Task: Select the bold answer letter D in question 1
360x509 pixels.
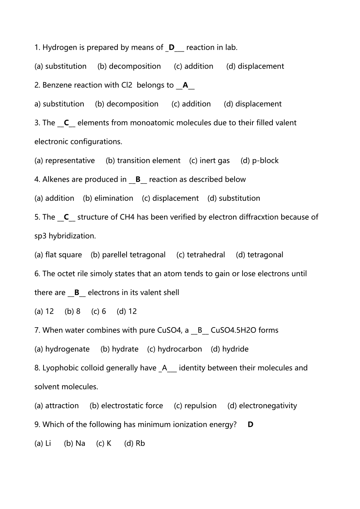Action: pyautogui.click(x=172, y=48)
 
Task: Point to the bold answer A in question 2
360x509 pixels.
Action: pyautogui.click(x=185, y=85)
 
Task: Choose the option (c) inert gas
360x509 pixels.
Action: pyautogui.click(x=210, y=161)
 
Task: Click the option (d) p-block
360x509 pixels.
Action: pyautogui.click(x=260, y=161)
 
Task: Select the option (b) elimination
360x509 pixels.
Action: pyautogui.click(x=108, y=198)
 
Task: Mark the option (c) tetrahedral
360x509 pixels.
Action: pyautogui.click(x=200, y=255)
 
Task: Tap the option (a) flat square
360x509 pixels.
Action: pyautogui.click(x=58, y=255)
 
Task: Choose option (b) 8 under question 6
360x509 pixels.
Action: pyautogui.click(x=72, y=311)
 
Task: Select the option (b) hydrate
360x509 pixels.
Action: pyautogui.click(x=119, y=349)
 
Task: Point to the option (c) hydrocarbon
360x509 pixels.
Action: pyautogui.click(x=174, y=349)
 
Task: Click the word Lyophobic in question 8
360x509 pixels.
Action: pyautogui.click(x=58, y=368)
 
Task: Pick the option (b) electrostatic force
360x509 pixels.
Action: pyautogui.click(x=126, y=406)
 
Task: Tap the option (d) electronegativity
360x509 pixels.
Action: pyautogui.click(x=262, y=406)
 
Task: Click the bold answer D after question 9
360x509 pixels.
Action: pyautogui.click(x=250, y=425)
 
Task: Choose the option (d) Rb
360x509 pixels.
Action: pyautogui.click(x=135, y=443)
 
